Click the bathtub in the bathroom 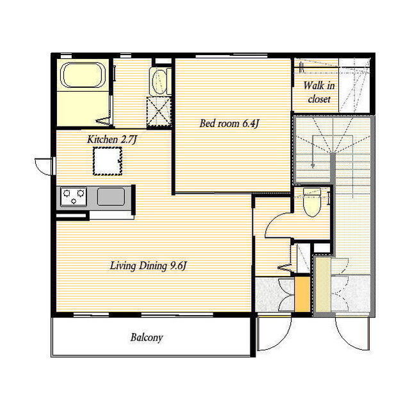(x=83, y=75)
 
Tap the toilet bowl (x=312, y=202)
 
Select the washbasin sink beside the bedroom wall (x=160, y=81)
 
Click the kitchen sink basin (x=111, y=196)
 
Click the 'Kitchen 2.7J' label (x=112, y=139)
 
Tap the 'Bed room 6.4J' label (x=229, y=123)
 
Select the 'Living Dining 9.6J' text (x=148, y=266)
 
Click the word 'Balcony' (x=147, y=337)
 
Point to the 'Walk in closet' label (x=319, y=92)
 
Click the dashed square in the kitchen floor (x=108, y=161)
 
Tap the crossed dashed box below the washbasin (x=158, y=112)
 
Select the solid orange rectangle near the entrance (x=302, y=294)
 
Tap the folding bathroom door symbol (x=105, y=121)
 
